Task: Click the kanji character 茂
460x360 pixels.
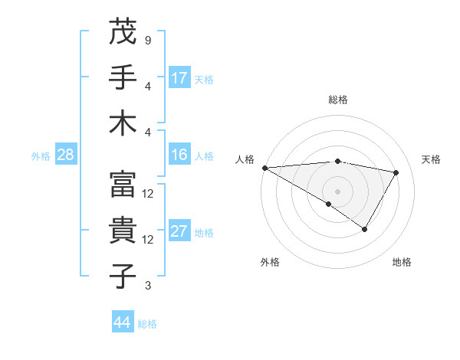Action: [x=123, y=33]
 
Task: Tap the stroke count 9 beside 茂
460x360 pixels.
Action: [x=147, y=41]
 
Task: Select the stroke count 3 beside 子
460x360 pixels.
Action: [x=147, y=286]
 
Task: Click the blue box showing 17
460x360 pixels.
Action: [x=179, y=77]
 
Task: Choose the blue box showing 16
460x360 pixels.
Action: [x=179, y=155]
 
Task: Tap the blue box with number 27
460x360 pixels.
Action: [x=179, y=231]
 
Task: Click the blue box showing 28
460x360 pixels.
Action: [x=65, y=155]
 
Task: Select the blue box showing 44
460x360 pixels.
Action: [x=122, y=322]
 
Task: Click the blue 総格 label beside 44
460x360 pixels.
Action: [x=147, y=324]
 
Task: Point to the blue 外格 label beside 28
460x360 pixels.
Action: [x=41, y=156]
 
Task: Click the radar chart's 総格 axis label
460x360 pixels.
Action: [x=337, y=100]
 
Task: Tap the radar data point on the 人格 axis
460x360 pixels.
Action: [x=264, y=167]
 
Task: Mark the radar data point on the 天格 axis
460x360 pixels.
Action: [x=396, y=172]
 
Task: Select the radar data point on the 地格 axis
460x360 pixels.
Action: [x=365, y=229]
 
